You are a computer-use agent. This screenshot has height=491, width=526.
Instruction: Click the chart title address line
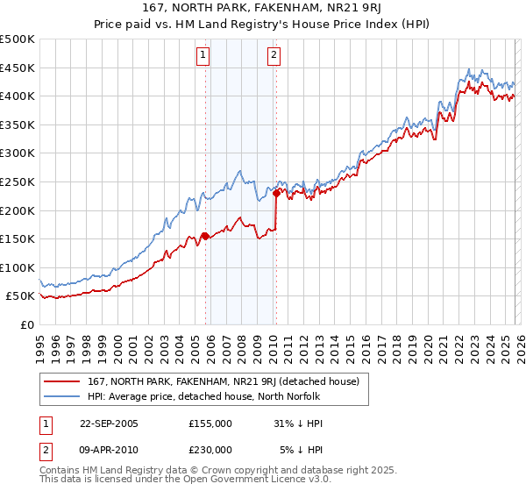pos(263,8)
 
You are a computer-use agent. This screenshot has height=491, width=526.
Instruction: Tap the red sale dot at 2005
pos(205,236)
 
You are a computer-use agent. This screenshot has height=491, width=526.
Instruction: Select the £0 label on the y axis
pos(26,324)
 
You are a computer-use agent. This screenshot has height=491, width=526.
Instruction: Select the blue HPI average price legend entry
pos(203,396)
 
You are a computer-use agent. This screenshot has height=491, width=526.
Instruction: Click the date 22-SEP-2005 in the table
pos(109,423)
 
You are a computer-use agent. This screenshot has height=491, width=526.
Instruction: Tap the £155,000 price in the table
pos(210,423)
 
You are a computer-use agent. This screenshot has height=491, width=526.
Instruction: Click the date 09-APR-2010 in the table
pos(109,449)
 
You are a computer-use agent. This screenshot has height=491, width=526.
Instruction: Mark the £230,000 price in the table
pos(210,449)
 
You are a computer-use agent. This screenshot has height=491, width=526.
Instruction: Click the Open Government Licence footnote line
pos(186,480)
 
